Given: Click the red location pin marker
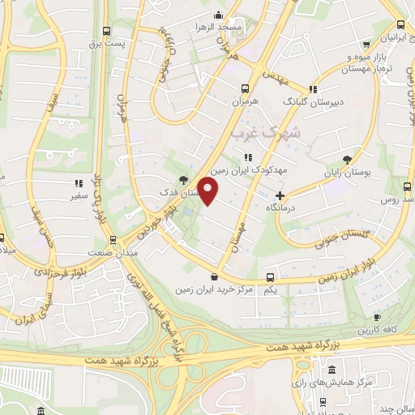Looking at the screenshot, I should (208, 192).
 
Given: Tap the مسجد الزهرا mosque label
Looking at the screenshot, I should (223, 27).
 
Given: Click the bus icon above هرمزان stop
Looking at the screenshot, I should (246, 88).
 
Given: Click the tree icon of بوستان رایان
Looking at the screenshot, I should (348, 159).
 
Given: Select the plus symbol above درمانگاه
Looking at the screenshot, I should (280, 195).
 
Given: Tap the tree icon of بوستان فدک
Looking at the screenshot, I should (184, 180).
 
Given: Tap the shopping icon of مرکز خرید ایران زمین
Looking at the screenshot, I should (214, 276).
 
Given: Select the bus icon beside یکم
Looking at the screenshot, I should (271, 276).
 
